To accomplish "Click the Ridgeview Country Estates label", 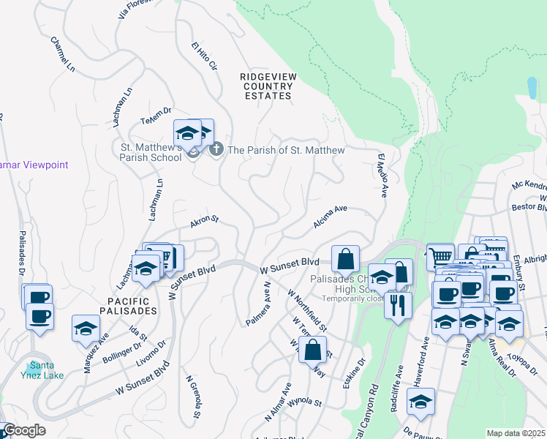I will pos(266,86).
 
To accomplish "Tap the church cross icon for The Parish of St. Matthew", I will pos(216,150).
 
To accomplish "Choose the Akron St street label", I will pos(205,219).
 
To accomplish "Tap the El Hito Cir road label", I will pos(204,57).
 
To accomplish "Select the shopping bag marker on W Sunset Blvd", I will pos(345,258).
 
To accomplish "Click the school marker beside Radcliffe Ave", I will pos(420,401).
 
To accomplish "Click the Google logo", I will pos(23,430).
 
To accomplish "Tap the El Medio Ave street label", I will pos(381,176).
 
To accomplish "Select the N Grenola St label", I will pos(193,397).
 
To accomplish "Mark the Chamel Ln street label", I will pos(63,54).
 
